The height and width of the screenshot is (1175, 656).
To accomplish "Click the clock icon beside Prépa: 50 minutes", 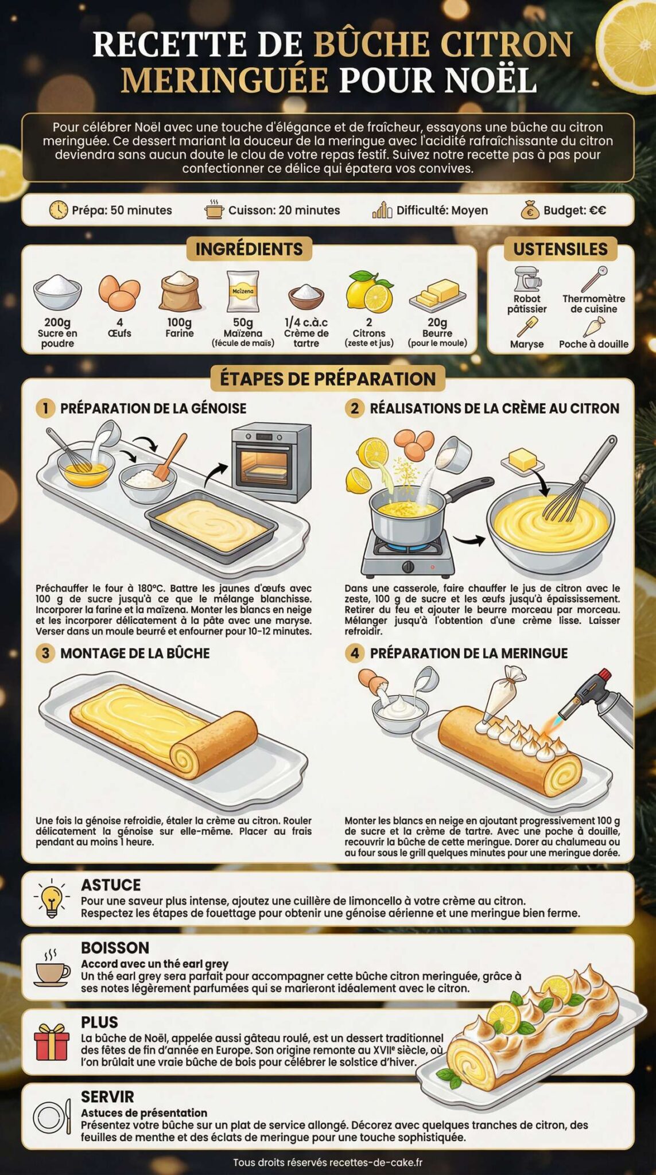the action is pyautogui.click(x=58, y=210).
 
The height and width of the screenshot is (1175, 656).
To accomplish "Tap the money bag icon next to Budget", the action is pyautogui.click(x=530, y=210).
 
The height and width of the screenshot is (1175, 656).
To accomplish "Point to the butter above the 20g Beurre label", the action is pyautogui.click(x=437, y=293).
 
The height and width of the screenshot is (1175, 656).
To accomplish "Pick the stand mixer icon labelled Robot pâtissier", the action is pyautogui.click(x=527, y=279).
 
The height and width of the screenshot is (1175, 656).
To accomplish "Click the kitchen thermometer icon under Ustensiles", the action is pyautogui.click(x=593, y=279).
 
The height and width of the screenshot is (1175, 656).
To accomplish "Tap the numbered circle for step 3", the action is pyautogui.click(x=45, y=653).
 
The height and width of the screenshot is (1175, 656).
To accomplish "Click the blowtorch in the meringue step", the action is pyautogui.click(x=597, y=702).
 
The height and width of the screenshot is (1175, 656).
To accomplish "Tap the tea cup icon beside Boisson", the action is pyautogui.click(x=52, y=969).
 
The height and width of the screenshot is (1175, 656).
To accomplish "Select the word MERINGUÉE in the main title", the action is pyautogui.click(x=224, y=80).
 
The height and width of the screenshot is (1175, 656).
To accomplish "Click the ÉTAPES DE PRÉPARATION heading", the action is pyautogui.click(x=328, y=379).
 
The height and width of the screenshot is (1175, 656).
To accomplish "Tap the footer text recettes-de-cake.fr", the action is pyautogui.click(x=376, y=1162).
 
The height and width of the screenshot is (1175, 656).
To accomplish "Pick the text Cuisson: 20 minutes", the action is pyautogui.click(x=284, y=211).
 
